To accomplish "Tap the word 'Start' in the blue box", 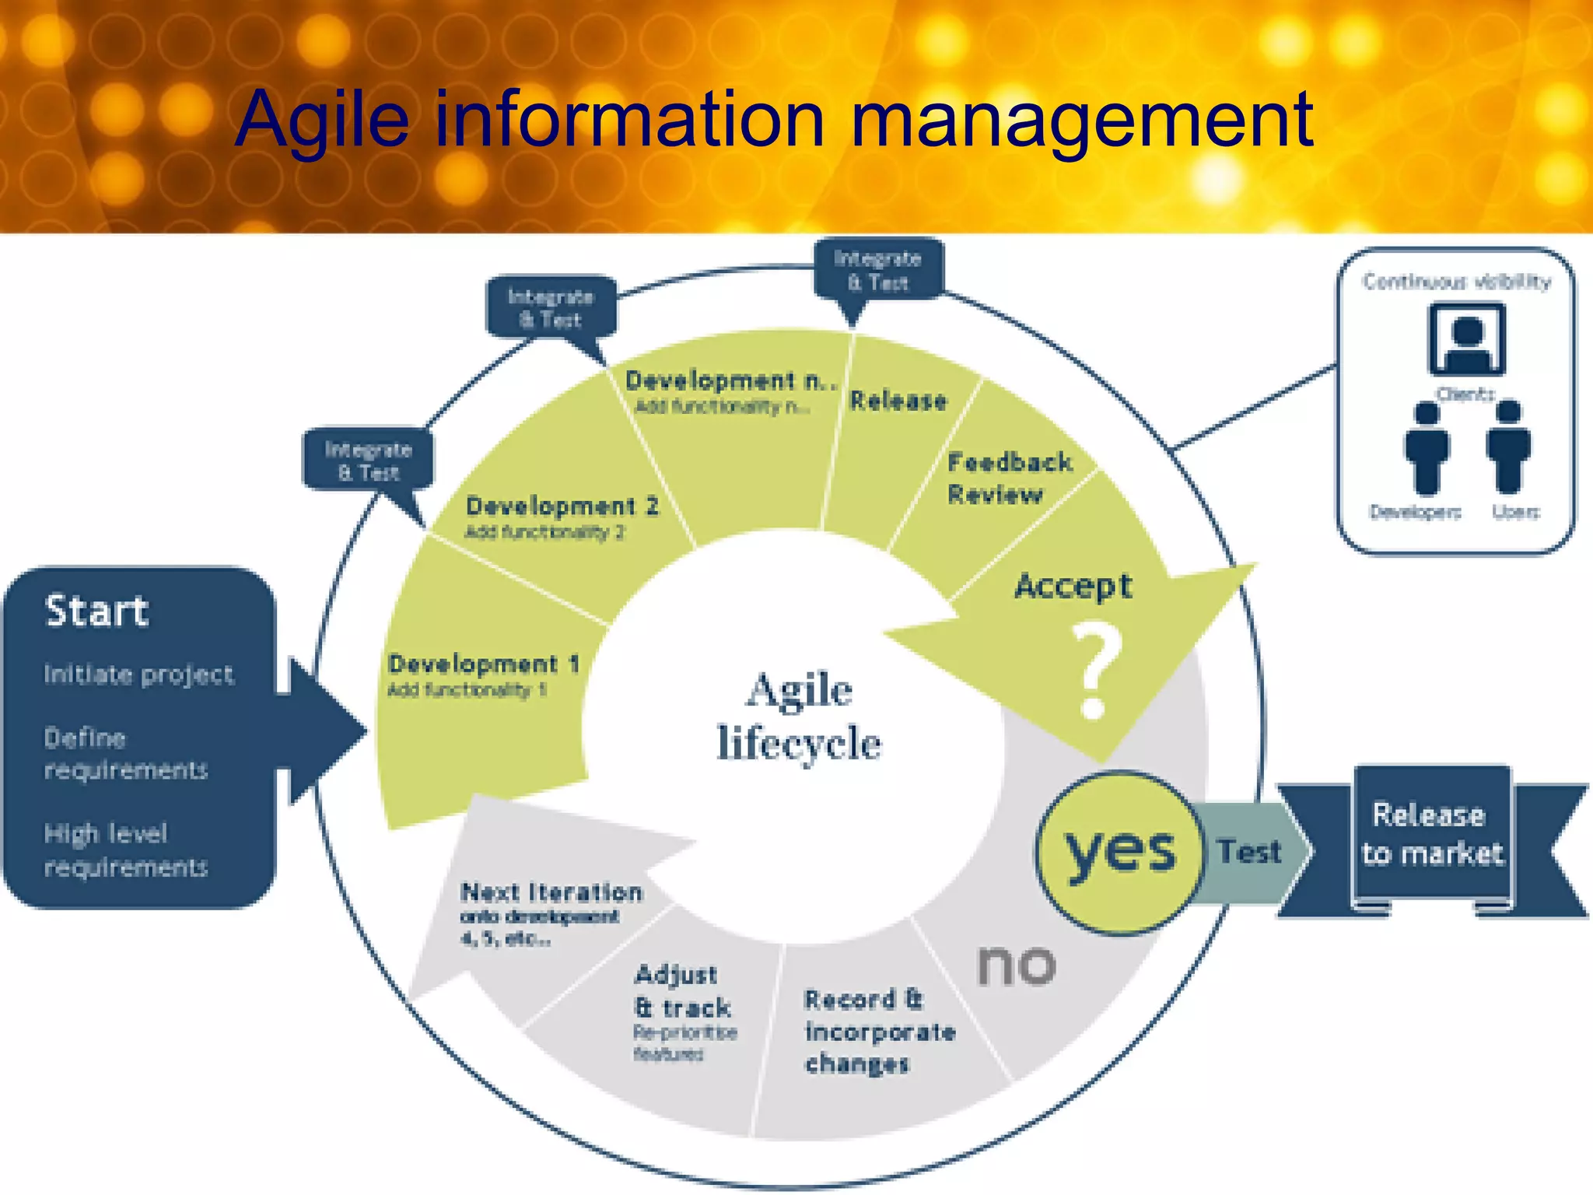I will [96, 611].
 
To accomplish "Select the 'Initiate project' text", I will [138, 675].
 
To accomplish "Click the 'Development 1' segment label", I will [483, 664].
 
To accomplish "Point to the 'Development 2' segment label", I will [562, 506].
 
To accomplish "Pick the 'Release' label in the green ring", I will [898, 401].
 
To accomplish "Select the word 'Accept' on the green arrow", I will [1073, 586].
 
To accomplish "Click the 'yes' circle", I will [1119, 852].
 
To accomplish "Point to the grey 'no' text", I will [1017, 965].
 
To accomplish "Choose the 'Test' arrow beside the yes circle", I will [1249, 852].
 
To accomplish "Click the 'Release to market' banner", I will [1432, 835].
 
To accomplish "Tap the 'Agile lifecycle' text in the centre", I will [799, 717].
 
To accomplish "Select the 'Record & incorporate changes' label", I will [879, 1032].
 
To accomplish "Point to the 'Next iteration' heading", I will [551, 892].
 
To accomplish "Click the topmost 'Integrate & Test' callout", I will [878, 270].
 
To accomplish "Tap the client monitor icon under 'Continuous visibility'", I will [1467, 339].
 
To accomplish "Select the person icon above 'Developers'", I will [1427, 447].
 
